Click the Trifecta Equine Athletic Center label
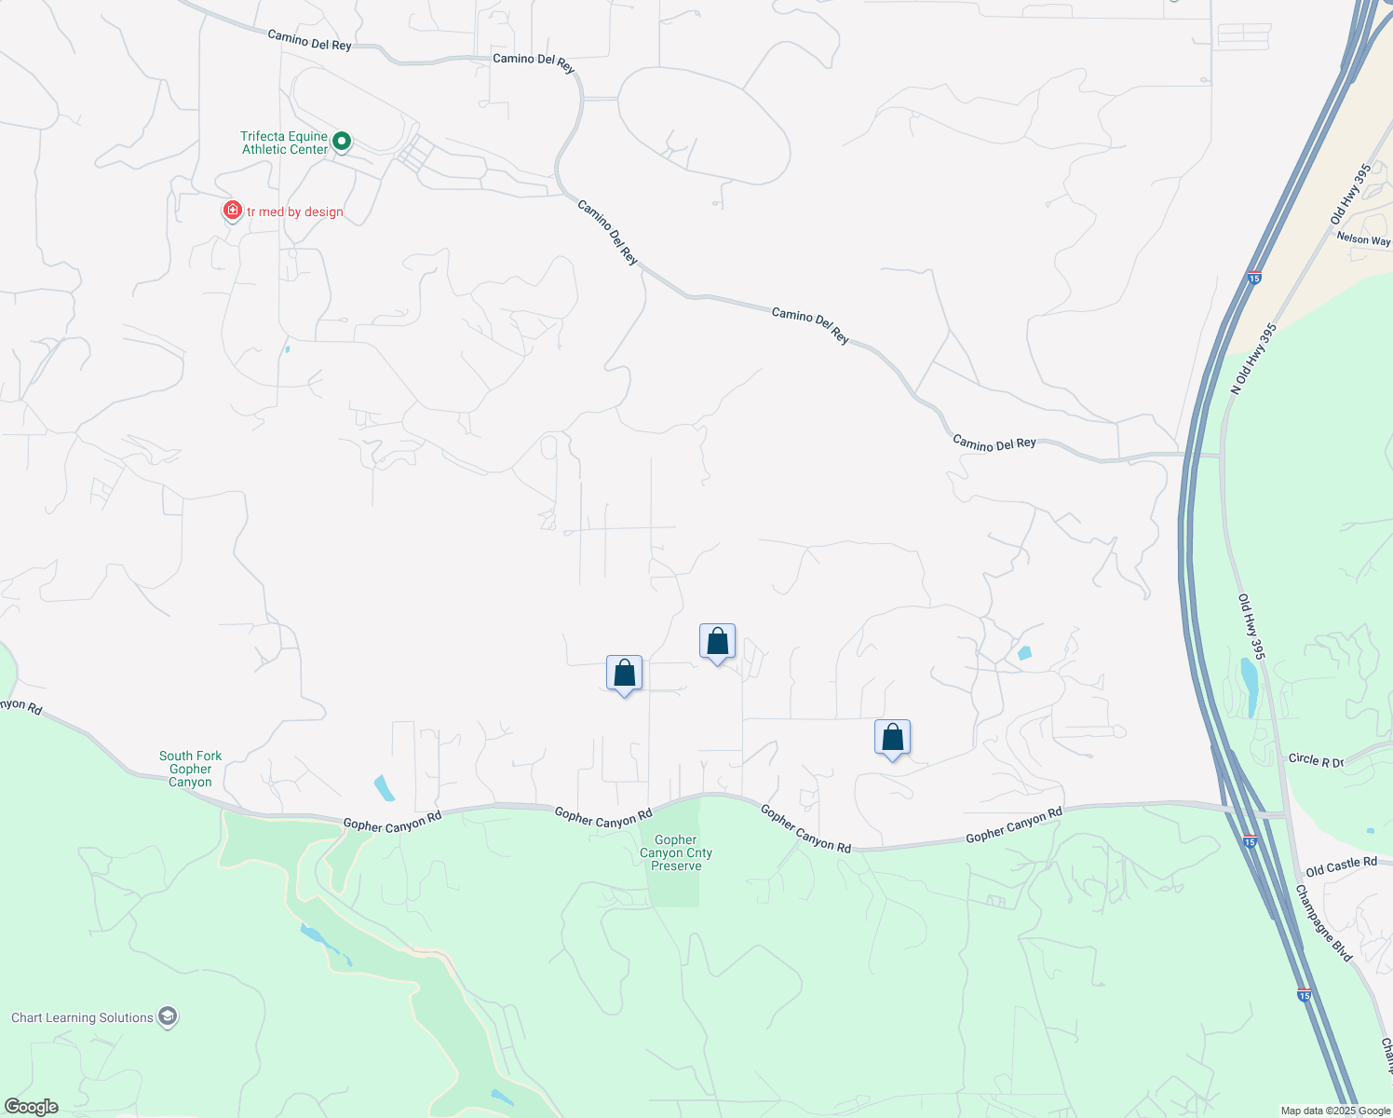[284, 143]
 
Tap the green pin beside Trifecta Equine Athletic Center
[342, 142]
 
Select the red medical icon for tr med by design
[232, 211]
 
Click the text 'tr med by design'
[295, 212]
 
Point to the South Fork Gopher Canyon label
[190, 769]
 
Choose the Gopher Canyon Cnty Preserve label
[676, 852]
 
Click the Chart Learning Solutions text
[82, 1017]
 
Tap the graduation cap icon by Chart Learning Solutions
[168, 1016]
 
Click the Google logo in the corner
[31, 1107]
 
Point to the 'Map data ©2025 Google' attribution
[1335, 1111]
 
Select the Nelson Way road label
[1363, 239]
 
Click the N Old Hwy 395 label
[1253, 359]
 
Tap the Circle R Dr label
[1316, 760]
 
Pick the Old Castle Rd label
[1341, 866]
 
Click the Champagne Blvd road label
[1323, 922]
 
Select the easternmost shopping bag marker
[892, 738]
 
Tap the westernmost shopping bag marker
[624, 673]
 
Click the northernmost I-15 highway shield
[1254, 278]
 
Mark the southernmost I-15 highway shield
[1305, 995]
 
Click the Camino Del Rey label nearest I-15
[994, 443]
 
